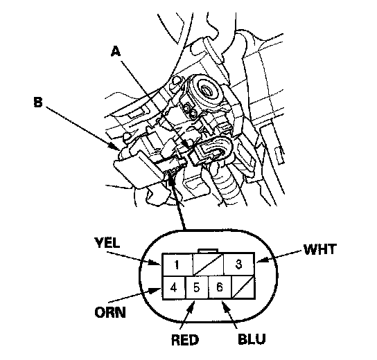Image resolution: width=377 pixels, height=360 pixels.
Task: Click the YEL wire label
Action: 107,242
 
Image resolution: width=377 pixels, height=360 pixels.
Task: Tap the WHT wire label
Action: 319,249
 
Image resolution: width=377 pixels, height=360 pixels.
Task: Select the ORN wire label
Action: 110,313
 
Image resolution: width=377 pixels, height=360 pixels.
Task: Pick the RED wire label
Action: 185,340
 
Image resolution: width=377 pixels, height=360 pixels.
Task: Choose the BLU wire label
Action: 252,339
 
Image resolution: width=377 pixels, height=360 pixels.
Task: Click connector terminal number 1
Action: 177,264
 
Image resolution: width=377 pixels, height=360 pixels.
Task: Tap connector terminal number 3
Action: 239,264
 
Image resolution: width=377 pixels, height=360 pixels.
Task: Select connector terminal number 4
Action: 174,287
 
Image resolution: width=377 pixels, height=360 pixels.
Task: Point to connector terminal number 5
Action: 197,287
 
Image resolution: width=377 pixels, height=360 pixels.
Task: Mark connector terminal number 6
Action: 220,287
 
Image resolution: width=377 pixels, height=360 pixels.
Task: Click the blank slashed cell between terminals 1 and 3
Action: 208,264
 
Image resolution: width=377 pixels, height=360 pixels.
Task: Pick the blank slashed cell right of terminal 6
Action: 243,287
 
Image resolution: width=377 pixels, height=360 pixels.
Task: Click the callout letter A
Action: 116,51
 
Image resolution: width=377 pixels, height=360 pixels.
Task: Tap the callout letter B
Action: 38,102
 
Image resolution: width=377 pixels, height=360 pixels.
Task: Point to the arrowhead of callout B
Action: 114,146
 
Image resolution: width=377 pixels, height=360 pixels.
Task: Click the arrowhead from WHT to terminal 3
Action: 262,260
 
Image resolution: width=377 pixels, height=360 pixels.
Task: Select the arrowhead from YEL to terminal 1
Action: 155,262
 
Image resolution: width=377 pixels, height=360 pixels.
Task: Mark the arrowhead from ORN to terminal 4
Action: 155,290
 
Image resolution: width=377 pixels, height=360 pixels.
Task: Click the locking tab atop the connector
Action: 208,251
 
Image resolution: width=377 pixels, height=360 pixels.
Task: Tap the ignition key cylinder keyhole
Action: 207,91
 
